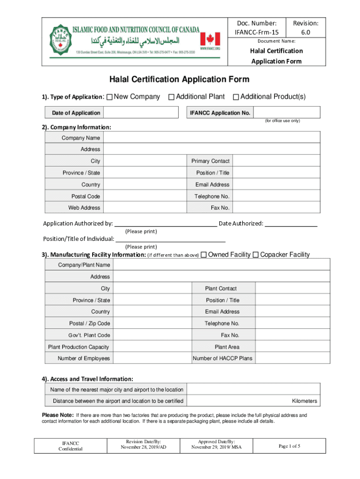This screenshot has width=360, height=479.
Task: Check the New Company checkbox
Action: point(109,97)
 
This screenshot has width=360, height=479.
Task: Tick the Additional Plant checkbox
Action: point(172,97)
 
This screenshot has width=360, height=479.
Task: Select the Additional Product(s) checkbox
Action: point(236,97)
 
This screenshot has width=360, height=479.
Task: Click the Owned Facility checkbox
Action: point(203,255)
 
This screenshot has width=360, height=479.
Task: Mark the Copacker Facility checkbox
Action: point(256,255)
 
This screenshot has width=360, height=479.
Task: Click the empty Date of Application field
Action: point(141,113)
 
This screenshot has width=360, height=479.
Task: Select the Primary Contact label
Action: point(210,161)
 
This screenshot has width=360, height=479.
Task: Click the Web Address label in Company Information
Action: point(84,208)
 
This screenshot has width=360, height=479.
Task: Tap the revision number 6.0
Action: point(305,33)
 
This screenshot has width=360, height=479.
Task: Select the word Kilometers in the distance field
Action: point(304,401)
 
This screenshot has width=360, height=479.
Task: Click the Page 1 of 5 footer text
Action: point(289,446)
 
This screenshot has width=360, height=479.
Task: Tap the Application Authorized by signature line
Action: point(166,224)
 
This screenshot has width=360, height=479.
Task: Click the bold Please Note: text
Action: point(58,415)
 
